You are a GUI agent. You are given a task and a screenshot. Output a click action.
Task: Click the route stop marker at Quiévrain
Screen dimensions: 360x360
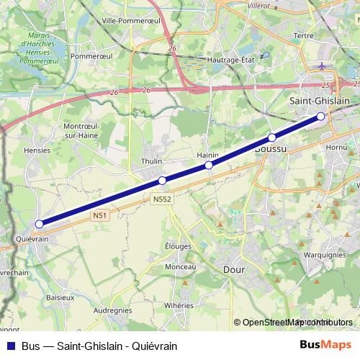[39, 224]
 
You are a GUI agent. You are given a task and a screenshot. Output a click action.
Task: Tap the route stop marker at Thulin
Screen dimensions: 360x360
[163, 181]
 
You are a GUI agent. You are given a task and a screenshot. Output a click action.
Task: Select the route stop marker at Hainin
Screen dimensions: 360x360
[210, 166]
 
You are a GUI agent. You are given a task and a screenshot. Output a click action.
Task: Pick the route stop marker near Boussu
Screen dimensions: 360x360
[272, 138]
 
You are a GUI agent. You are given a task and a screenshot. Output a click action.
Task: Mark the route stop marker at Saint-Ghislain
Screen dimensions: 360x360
[321, 116]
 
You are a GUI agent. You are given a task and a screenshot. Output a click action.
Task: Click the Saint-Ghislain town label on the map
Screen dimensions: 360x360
[319, 102]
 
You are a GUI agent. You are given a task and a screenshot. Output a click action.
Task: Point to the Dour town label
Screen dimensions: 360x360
[235, 269]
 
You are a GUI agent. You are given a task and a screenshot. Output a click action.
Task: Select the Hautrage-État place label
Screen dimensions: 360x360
[233, 60]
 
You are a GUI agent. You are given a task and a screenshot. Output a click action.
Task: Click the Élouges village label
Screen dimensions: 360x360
[178, 246]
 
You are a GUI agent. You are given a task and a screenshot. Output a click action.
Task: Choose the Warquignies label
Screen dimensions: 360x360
[325, 254]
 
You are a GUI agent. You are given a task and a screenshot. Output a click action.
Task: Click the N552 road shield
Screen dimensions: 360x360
[162, 199]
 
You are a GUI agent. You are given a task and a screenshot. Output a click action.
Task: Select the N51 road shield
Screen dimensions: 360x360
[101, 215]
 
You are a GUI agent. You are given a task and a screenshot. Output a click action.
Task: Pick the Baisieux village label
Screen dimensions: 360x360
[60, 296]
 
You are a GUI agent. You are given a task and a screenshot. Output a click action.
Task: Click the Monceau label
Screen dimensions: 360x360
[181, 266]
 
